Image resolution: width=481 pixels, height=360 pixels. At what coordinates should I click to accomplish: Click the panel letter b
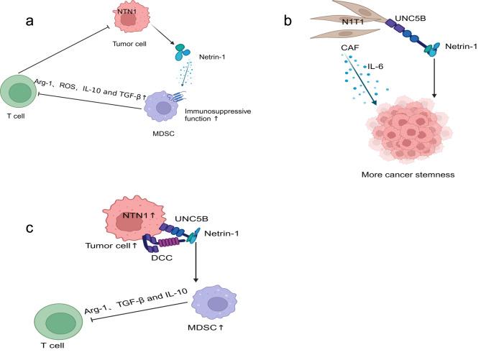288,20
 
